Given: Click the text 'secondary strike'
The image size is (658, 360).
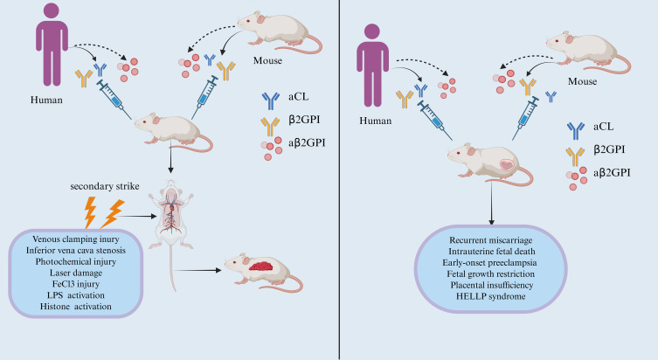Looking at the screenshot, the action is point(105,186).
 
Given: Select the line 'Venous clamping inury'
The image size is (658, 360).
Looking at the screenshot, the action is point(75,239).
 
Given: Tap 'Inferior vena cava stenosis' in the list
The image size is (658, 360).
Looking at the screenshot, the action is point(75,251).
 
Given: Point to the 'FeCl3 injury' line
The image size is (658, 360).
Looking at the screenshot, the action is point(75,284).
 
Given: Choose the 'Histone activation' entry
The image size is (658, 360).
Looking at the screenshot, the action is point(75,307).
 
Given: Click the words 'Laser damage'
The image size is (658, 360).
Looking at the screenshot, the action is point(75,273).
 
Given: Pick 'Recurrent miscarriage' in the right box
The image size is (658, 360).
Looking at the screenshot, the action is point(490,240).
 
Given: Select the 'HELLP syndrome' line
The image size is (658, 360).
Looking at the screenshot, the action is point(490,296).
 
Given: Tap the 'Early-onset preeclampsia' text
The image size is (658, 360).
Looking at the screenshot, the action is point(489,263).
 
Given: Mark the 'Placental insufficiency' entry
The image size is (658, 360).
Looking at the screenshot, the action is point(491,286).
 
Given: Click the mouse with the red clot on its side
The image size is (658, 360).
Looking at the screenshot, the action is point(264,273).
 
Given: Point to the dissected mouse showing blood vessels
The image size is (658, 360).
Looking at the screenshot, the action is point(170,226).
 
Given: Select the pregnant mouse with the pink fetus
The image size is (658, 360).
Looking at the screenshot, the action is point(489,164).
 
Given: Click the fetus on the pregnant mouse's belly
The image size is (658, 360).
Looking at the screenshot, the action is point(507,164).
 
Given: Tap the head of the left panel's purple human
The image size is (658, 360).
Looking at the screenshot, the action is point(52,10).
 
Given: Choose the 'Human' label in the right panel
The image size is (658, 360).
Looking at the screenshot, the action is point(375,121).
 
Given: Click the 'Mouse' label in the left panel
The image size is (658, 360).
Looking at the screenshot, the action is point(267,61).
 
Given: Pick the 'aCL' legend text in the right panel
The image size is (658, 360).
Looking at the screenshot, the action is point(603,127).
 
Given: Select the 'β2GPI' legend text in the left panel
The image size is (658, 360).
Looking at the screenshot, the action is point(305,120).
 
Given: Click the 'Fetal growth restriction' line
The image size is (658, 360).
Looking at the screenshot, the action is point(490,274).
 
